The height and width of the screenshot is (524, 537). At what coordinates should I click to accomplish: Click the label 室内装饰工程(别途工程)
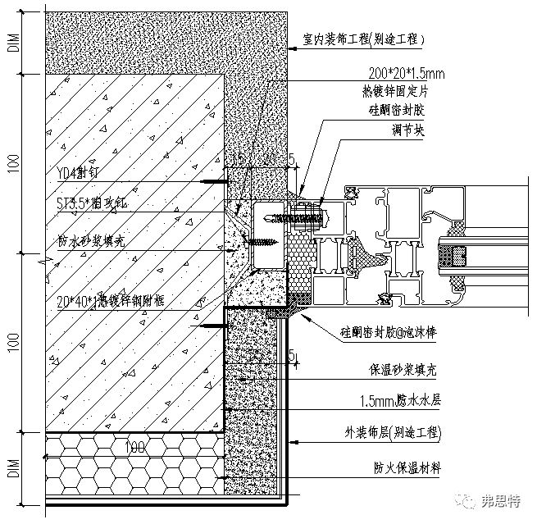click(359, 39)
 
